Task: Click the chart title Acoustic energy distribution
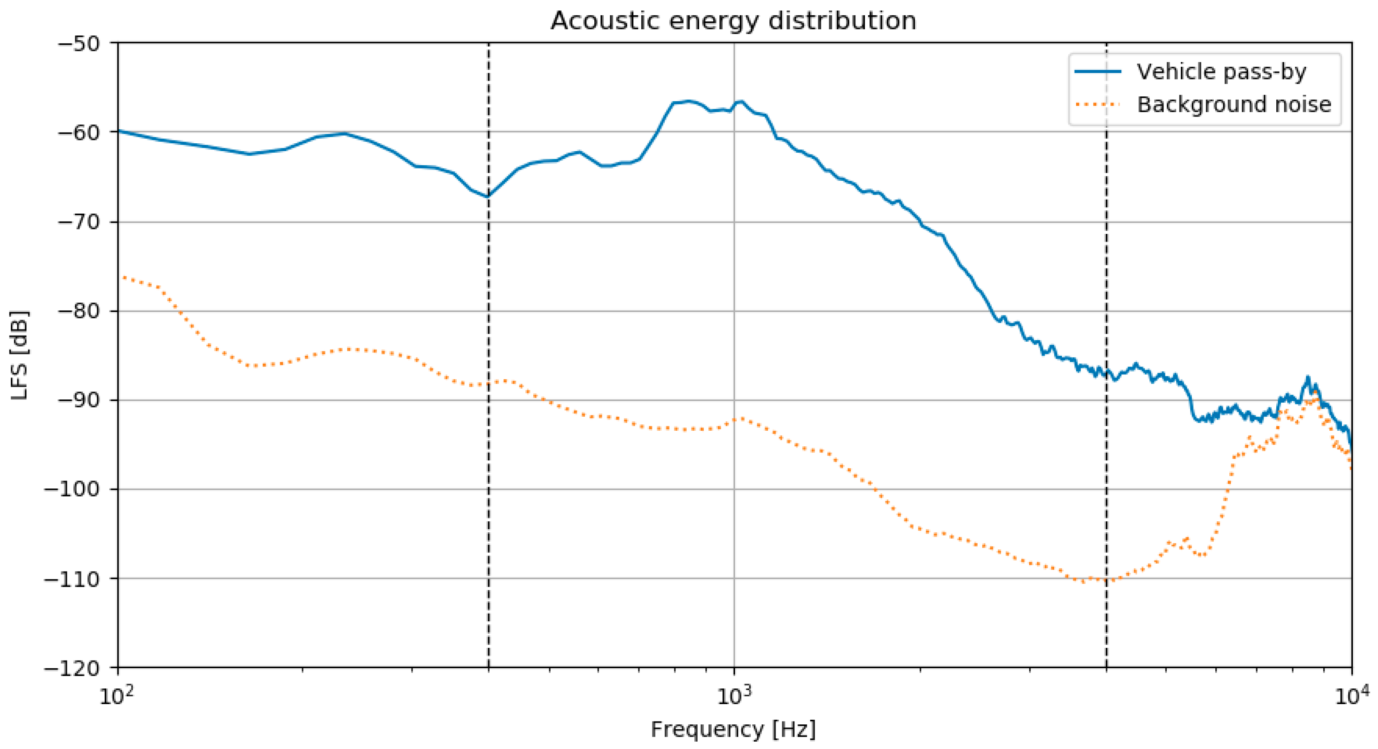tap(733, 21)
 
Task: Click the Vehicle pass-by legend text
tap(1221, 72)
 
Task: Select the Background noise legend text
tap(1233, 104)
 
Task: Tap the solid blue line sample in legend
tap(1097, 72)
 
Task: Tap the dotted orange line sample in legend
tap(1097, 104)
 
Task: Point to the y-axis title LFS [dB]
tap(20, 355)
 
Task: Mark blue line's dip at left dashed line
tap(488, 196)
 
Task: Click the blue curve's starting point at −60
tap(119, 131)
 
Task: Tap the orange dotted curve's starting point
tap(124, 277)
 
